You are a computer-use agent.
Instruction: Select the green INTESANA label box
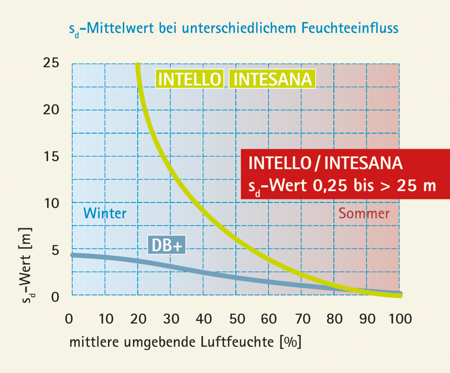(x=272, y=79)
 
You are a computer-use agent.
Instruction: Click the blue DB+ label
(x=167, y=246)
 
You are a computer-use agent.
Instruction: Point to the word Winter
(x=105, y=213)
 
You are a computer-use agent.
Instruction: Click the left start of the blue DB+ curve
(x=72, y=255)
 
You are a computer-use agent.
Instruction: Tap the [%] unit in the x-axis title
(x=290, y=342)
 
